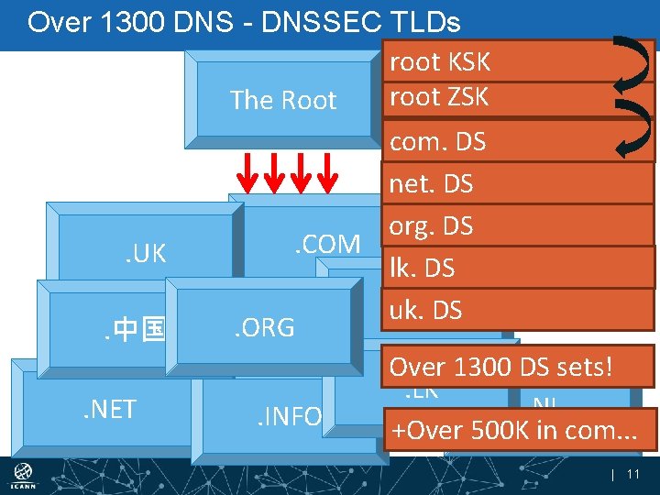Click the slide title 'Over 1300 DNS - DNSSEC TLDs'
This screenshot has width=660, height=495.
244,22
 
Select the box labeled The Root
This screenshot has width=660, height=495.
283,100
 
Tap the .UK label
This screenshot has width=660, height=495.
146,254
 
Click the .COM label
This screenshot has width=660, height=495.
326,244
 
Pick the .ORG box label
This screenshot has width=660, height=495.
264,327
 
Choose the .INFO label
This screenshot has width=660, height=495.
288,417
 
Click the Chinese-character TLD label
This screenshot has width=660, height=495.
133,327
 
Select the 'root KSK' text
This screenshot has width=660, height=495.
440,62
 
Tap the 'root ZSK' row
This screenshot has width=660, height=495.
440,96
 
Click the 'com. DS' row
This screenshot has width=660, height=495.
438,141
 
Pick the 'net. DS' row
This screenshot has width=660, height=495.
431,184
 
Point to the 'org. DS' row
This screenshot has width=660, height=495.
431,226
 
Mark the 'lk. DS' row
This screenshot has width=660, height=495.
422,269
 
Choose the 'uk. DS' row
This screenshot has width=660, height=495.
425,311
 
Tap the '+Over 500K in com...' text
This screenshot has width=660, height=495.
513,429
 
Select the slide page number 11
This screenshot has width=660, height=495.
632,474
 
